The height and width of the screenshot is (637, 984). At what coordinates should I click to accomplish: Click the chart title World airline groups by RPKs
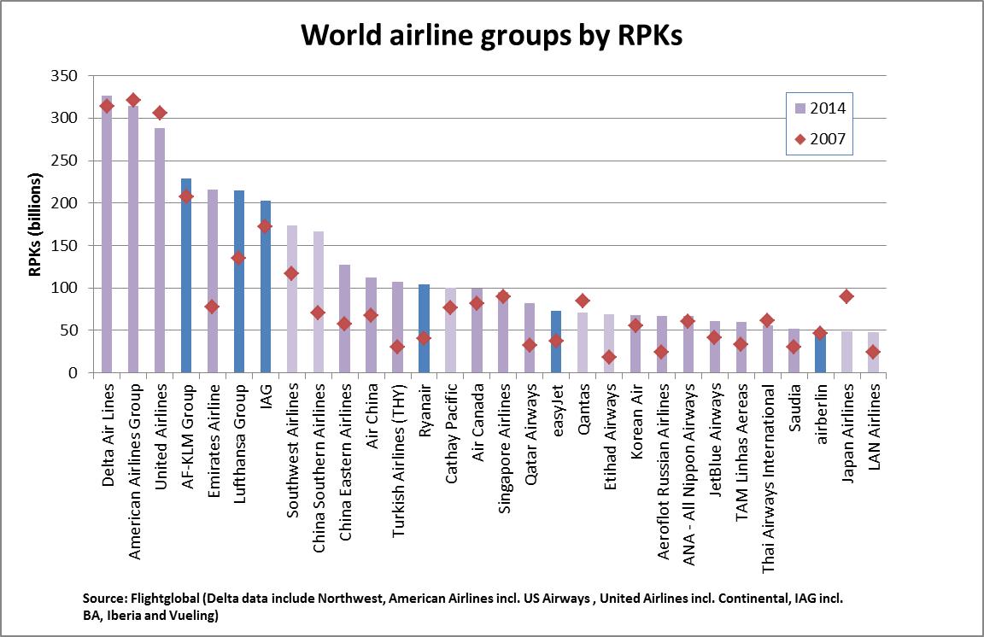[x=491, y=36]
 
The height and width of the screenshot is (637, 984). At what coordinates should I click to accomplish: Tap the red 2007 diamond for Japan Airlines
[x=846, y=296]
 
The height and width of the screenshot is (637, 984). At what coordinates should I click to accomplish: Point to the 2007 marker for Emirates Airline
[x=213, y=307]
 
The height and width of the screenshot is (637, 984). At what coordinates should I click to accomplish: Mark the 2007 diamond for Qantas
[x=583, y=301]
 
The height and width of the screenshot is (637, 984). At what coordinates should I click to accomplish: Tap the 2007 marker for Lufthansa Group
[x=239, y=258]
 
